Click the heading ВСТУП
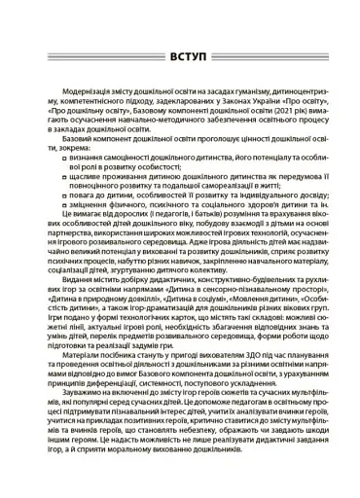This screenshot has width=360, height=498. pos(180,55)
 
